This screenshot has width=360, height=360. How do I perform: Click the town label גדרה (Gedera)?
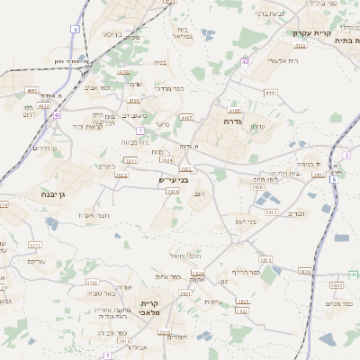[229, 119]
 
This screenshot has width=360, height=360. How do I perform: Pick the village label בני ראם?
[245, 220]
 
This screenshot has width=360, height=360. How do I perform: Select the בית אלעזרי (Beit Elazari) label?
[259, 60]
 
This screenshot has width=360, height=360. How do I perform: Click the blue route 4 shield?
[75, 30]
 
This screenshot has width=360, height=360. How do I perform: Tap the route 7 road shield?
[140, 130]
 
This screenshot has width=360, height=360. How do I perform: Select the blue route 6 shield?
[333, 179]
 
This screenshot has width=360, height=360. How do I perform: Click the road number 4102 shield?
[123, 71]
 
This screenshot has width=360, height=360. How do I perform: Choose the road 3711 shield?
[35, 244]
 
